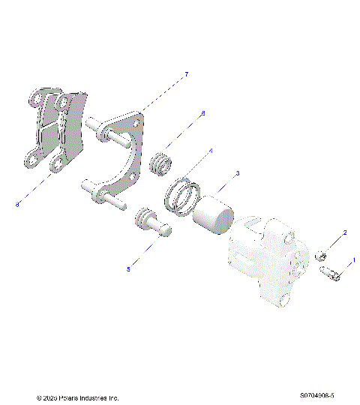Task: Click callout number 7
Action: point(186,73)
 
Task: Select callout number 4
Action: point(211,151)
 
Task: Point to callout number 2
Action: point(345,233)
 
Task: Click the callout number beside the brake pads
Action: point(16,202)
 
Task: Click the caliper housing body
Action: point(267,259)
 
